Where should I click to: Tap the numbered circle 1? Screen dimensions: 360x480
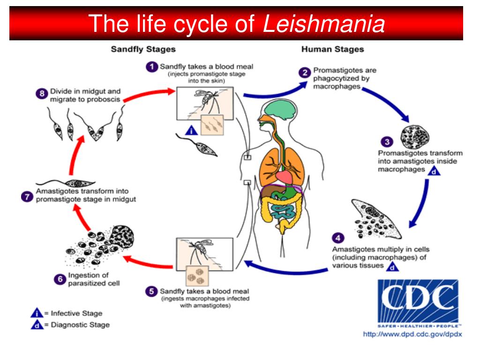tap(151, 67)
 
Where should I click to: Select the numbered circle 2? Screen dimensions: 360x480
tap(305, 72)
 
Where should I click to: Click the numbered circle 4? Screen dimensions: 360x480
tap(338, 238)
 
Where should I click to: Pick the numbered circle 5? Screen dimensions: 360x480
tap(151, 291)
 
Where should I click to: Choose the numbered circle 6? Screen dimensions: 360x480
tap(60, 279)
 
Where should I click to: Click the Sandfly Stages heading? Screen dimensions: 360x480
tap(143, 49)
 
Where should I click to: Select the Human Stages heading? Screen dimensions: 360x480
tap(332, 49)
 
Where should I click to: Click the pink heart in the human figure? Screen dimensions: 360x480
tap(284, 176)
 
